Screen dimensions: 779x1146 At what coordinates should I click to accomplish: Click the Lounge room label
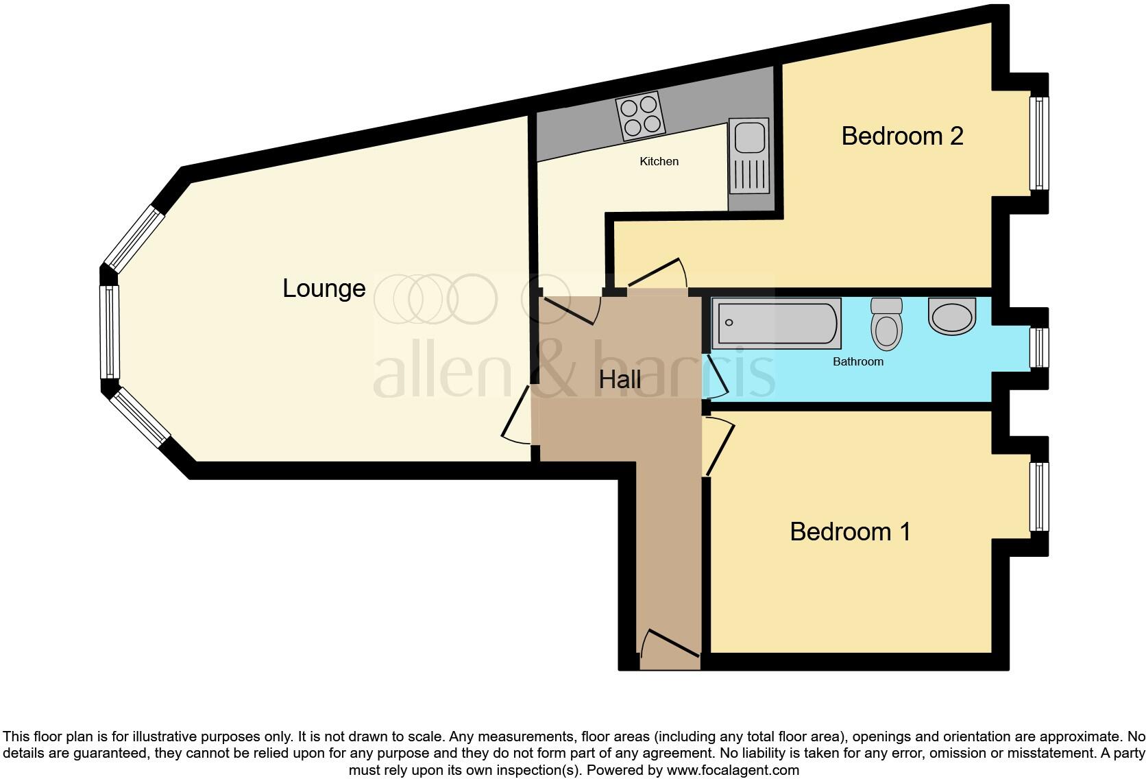click(x=324, y=289)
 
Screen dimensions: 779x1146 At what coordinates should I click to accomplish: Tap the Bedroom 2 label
click(x=902, y=136)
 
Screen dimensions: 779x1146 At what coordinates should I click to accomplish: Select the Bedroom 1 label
click(x=850, y=531)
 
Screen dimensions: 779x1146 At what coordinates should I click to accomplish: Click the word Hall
click(x=620, y=379)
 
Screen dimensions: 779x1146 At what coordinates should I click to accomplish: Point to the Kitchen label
click(x=659, y=162)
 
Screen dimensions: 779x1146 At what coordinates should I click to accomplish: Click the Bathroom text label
click(x=858, y=361)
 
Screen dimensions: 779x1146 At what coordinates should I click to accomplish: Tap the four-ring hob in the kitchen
click(x=640, y=116)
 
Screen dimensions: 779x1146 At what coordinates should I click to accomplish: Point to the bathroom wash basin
click(x=951, y=316)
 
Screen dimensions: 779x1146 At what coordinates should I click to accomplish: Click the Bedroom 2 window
click(x=1039, y=143)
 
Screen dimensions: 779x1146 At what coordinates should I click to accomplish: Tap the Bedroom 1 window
click(x=1039, y=496)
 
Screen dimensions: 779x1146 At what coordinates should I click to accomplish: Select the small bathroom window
click(x=1039, y=348)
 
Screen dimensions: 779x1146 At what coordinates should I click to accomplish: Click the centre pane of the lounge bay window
click(x=109, y=331)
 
